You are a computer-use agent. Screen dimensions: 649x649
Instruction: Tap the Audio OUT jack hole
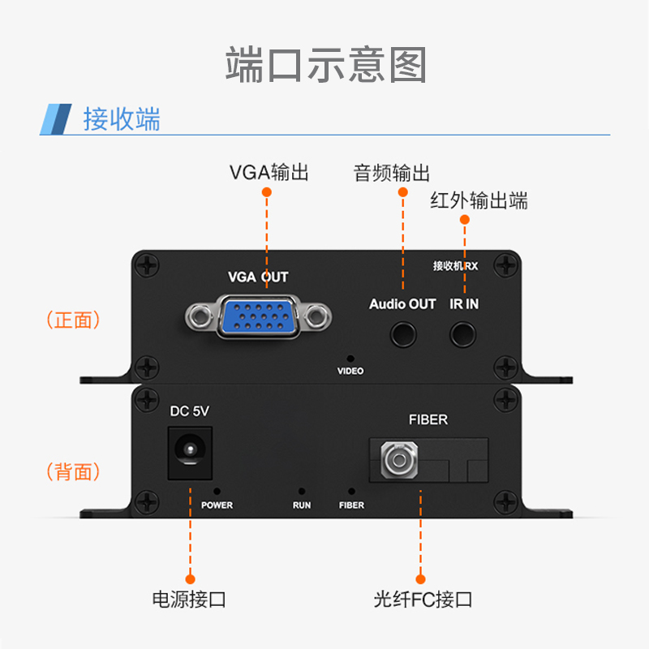[403, 333]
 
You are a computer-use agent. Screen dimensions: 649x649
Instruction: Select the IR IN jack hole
[464, 333]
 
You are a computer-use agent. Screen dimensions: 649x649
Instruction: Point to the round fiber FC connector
[398, 462]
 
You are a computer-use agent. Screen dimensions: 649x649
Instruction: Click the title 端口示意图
[325, 65]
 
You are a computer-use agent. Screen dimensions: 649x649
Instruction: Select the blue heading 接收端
[122, 118]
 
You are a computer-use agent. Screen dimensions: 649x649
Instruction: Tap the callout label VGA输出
[269, 172]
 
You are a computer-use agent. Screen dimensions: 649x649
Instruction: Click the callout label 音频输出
[391, 173]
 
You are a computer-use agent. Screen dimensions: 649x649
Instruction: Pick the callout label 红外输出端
[479, 200]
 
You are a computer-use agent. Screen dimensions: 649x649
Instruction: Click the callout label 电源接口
[189, 600]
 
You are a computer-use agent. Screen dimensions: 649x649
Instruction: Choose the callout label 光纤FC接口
[422, 600]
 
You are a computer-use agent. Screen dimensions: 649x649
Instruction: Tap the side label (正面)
[74, 320]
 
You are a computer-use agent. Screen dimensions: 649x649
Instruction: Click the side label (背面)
[74, 471]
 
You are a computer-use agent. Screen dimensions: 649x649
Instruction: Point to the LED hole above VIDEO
[350, 357]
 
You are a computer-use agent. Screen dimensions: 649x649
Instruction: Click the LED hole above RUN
[302, 492]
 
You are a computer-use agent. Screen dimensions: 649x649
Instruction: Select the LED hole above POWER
[217, 491]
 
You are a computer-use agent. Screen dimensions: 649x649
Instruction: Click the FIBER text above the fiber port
[428, 419]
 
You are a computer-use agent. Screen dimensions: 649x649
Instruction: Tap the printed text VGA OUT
[258, 277]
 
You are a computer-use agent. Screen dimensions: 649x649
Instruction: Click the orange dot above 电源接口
[189, 579]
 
